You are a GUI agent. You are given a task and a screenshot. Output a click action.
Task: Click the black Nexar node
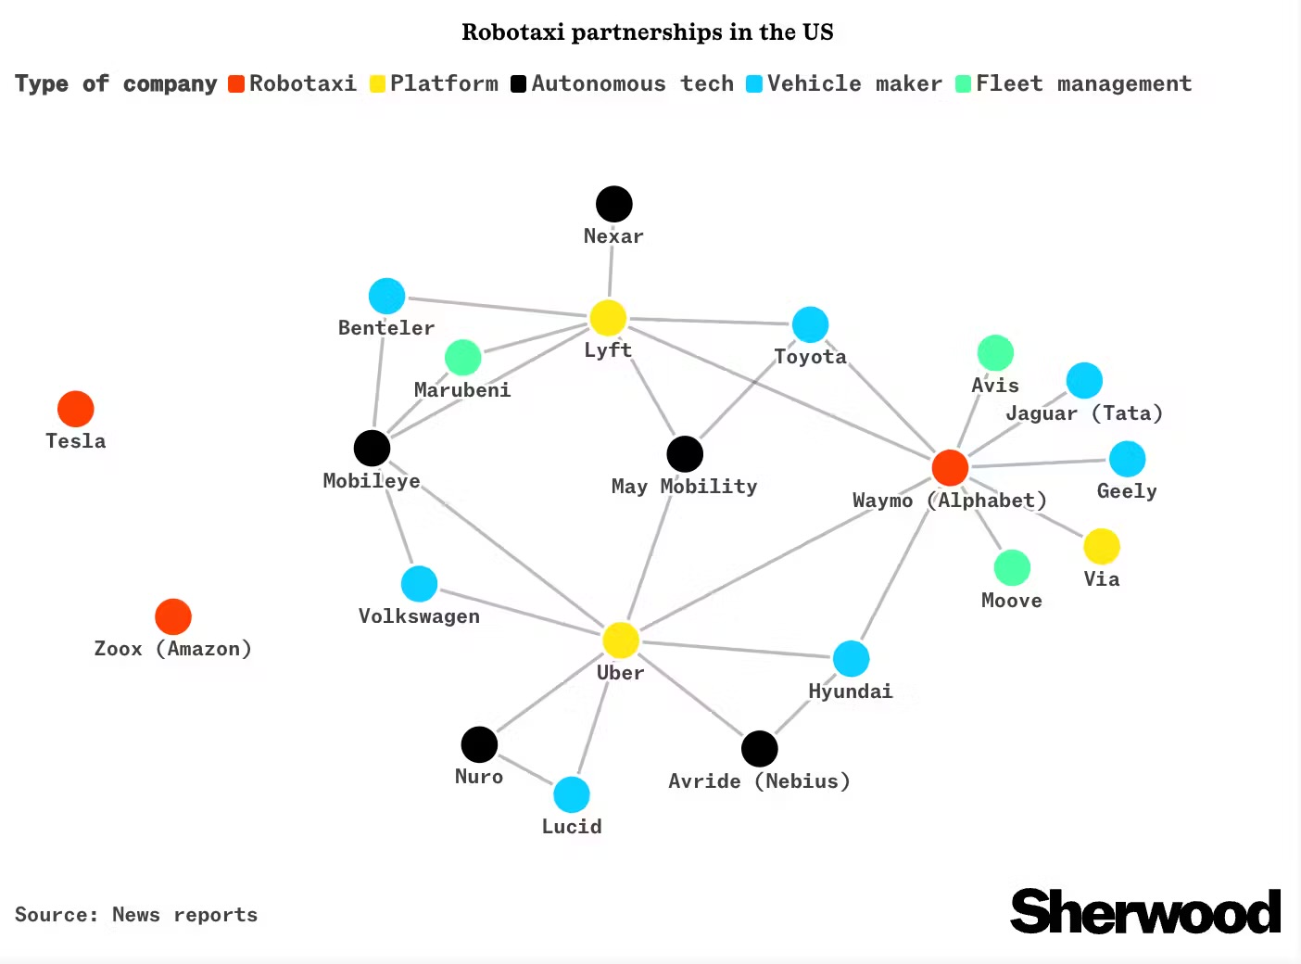613,204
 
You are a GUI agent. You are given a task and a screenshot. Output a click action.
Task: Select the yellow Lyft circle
608,317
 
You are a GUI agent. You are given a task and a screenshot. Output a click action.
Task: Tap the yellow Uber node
620,640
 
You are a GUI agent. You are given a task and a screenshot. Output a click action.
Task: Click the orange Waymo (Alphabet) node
950,467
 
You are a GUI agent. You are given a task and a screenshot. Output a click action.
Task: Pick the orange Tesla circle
76,409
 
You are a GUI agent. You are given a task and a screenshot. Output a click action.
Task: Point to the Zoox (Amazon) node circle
173,616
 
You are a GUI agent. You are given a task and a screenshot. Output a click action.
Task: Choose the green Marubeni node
462,357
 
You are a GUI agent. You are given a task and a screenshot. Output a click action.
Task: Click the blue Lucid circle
572,794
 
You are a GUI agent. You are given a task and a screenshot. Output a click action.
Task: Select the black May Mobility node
685,454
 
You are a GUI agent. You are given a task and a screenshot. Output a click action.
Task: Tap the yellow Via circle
1102,546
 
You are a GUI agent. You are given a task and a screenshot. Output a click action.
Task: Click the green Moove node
1012,568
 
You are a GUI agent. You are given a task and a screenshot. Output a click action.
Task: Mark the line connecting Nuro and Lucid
525,769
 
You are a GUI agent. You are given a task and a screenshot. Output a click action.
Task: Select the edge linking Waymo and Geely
1038,463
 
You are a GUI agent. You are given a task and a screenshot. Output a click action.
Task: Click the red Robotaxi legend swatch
235,84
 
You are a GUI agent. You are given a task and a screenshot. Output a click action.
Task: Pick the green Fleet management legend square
963,84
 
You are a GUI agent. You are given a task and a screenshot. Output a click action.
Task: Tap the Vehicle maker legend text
854,84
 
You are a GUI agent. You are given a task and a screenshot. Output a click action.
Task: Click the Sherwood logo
1145,911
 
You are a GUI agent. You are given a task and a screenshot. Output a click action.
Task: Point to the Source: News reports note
136,915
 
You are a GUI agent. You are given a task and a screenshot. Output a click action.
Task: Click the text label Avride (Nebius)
759,781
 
